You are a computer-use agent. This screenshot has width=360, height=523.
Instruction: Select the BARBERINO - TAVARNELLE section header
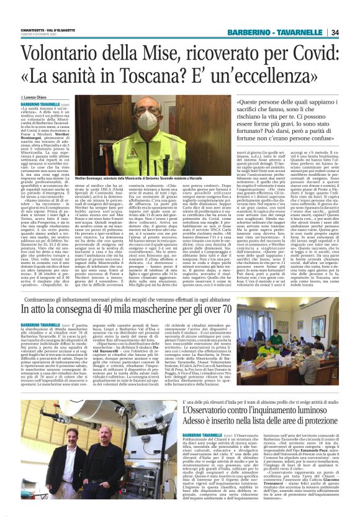coord(276,32)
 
